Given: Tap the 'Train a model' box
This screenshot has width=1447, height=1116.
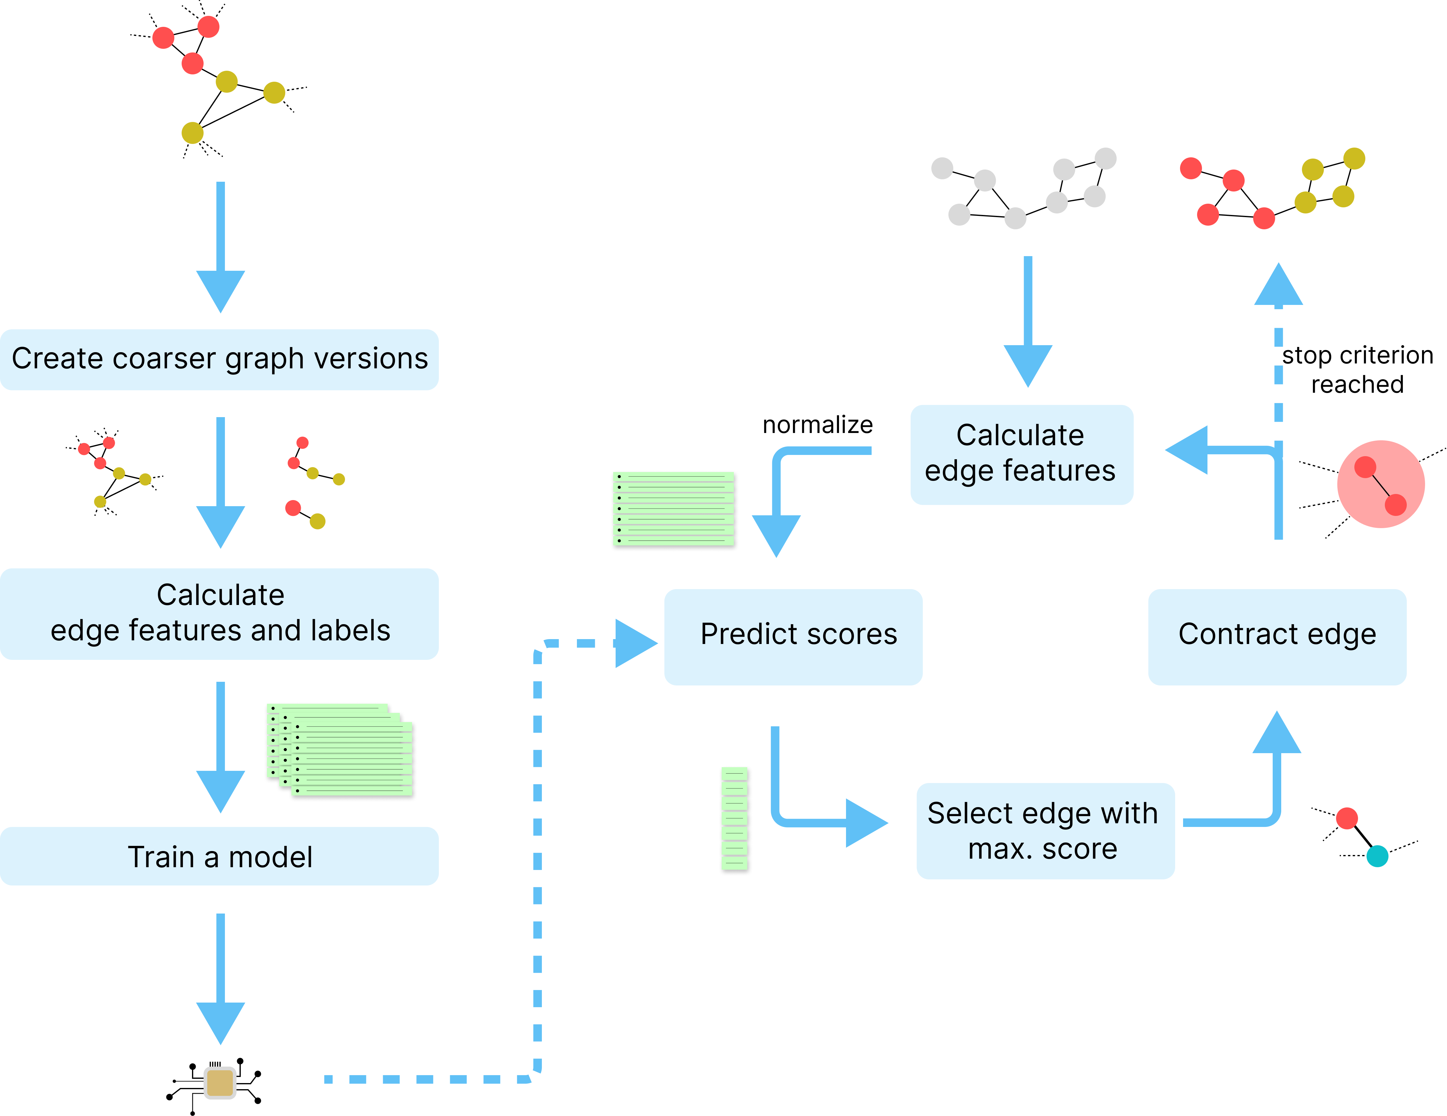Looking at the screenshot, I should click(219, 856).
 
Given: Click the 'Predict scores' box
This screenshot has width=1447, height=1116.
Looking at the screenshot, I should click(793, 636).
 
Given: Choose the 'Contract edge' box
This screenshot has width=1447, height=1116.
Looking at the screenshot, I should click(1277, 636).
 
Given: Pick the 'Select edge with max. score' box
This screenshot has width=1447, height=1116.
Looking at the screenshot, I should click(1045, 831).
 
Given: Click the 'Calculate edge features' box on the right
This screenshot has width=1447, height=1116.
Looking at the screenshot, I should click(1021, 455).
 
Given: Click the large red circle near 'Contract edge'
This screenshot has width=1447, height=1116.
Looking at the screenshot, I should click(1381, 485).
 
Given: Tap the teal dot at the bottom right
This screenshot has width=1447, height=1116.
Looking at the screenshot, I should click(1378, 856).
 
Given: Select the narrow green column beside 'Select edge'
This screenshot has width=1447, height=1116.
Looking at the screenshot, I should click(735, 821).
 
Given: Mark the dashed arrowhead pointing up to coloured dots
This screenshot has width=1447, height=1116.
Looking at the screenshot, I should click(1278, 285).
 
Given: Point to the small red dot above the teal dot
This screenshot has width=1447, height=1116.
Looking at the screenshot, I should click(1347, 818).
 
